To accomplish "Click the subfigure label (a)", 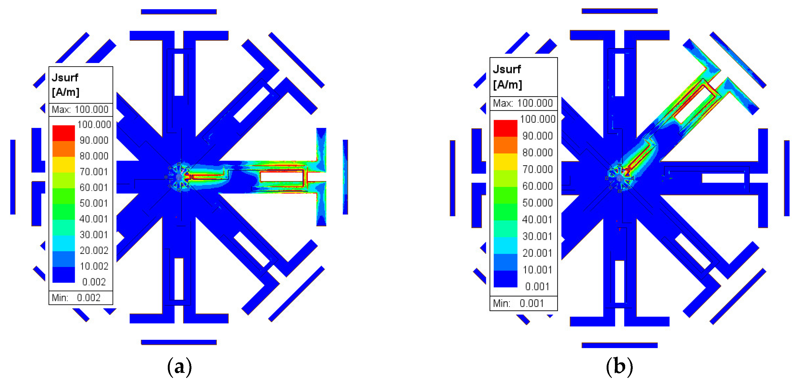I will (179, 367).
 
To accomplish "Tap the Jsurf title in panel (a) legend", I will (65, 77).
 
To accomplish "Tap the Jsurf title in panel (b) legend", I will (507, 69).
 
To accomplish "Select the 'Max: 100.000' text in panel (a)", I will (80, 109).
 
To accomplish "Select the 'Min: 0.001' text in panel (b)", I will (518, 303).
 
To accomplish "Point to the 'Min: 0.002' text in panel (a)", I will (76, 298).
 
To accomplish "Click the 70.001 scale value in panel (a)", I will (93, 172).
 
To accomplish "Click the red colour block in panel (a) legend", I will (63, 133).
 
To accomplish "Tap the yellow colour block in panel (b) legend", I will (505, 161).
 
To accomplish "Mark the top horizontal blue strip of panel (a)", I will (179, 12).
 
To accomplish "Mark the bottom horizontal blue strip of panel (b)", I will (620, 345).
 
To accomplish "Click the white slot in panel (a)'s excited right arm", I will (281, 177).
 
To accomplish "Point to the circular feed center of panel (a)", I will (179, 177).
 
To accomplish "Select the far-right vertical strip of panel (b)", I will (787, 178).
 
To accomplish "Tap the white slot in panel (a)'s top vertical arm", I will (179, 74).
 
